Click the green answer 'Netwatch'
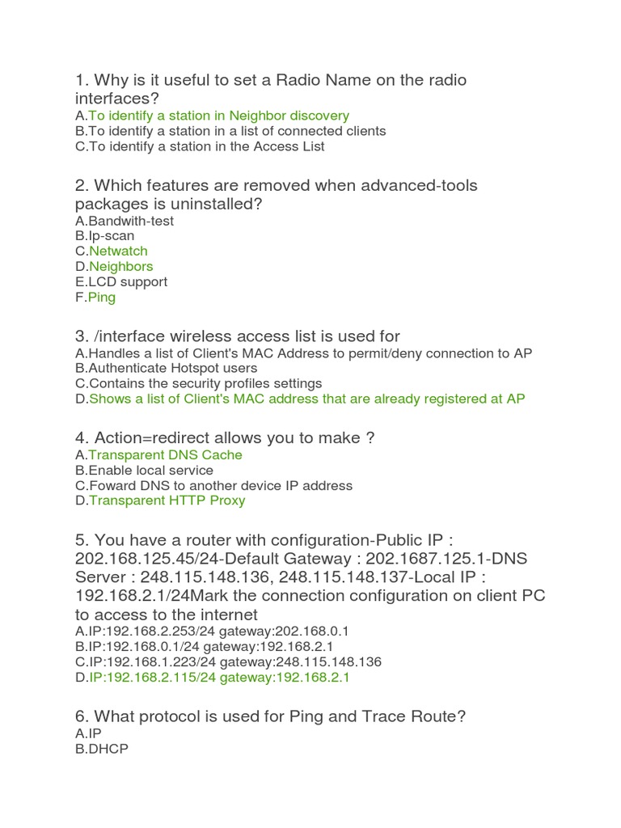pyautogui.click(x=118, y=251)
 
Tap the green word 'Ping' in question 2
pyautogui.click(x=102, y=297)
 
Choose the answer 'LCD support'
pyautogui.click(x=128, y=281)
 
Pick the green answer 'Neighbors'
pyautogui.click(x=120, y=266)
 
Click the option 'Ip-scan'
pyautogui.click(x=112, y=236)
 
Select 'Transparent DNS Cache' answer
pyautogui.click(x=165, y=454)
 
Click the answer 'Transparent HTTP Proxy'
pyautogui.click(x=167, y=501)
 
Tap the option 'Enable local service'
pyautogui.click(x=150, y=470)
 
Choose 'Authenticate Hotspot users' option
pyautogui.click(x=173, y=368)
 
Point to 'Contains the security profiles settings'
pyautogui.click(x=205, y=383)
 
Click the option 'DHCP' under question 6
pyautogui.click(x=108, y=749)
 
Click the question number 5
pyautogui.click(x=81, y=540)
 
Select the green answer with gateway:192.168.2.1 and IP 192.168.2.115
pyautogui.click(x=218, y=678)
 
